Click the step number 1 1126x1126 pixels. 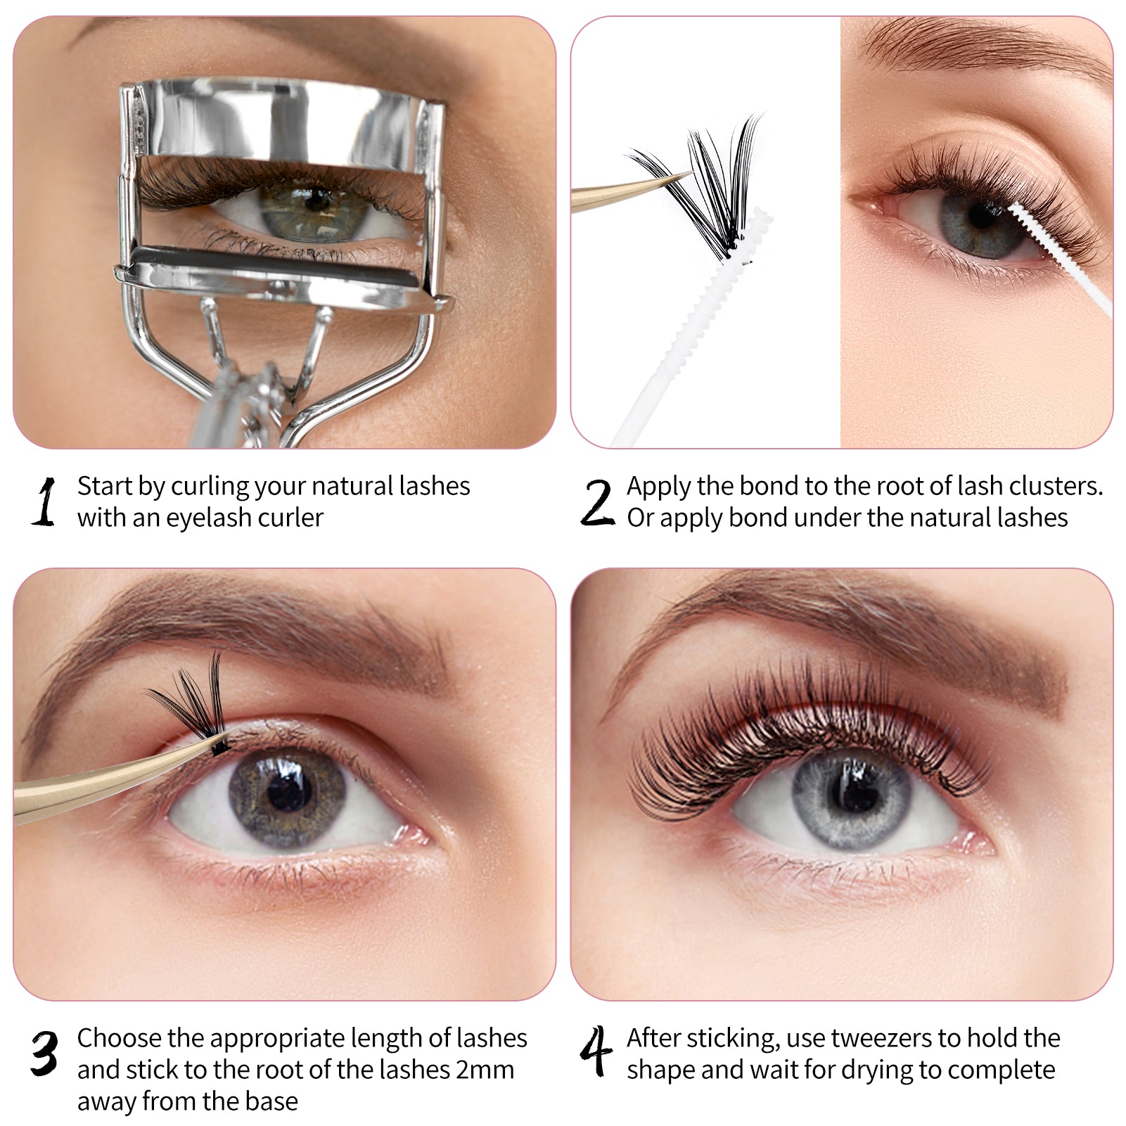pyautogui.click(x=44, y=501)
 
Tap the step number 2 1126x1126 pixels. pyautogui.click(x=597, y=501)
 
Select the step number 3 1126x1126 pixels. pyautogui.click(x=44, y=1053)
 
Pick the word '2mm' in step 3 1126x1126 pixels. pyautogui.click(x=485, y=1070)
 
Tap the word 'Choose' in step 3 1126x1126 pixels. pyautogui.click(x=120, y=1038)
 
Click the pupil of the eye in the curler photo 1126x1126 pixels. pyautogui.click(x=318, y=200)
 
